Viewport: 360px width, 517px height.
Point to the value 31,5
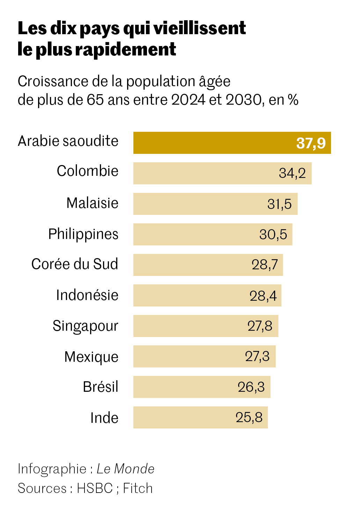(279, 204)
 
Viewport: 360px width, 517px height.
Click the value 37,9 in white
(311, 143)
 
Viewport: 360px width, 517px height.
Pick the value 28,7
(265, 265)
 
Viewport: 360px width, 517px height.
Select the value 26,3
(251, 387)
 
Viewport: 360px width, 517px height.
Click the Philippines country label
(83, 234)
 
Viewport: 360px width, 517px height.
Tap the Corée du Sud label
(75, 264)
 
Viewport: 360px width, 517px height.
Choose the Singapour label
(86, 326)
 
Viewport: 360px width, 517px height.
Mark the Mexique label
(91, 357)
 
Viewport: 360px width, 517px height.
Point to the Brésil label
(101, 387)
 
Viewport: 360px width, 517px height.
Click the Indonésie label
(87, 295)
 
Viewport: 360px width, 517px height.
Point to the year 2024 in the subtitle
(189, 100)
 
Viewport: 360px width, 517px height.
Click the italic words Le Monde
(125, 469)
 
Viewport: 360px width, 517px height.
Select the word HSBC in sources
(95, 488)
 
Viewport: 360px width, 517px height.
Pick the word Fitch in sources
(138, 488)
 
